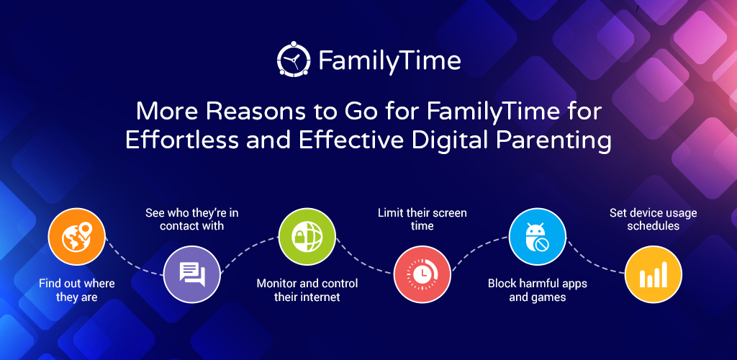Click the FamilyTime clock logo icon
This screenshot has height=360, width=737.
tap(294, 59)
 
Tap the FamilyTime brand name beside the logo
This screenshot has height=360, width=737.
tap(389, 61)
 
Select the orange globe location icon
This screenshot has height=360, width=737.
tap(76, 236)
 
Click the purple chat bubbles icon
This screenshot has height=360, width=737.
tap(191, 274)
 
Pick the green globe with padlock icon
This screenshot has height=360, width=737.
tap(307, 236)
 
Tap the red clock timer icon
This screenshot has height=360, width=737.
tap(422, 274)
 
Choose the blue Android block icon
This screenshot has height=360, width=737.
tap(538, 236)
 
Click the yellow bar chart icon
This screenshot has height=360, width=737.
tap(653, 274)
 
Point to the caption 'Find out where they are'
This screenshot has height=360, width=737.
tap(76, 290)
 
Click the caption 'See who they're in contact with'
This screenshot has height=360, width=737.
tap(191, 219)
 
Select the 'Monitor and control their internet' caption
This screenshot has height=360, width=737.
tap(307, 290)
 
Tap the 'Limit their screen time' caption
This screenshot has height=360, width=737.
tap(422, 219)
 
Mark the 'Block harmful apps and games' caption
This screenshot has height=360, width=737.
tap(538, 290)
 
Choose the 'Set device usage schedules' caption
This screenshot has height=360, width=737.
tap(654, 219)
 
